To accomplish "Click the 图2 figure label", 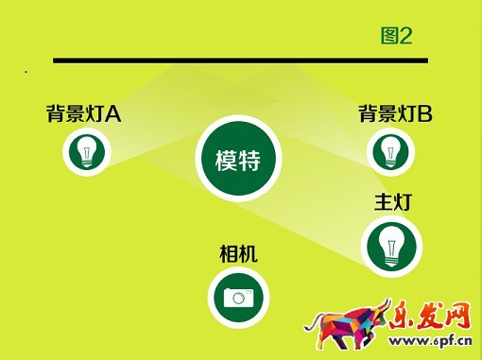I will [x=396, y=36].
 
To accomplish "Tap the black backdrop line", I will [x=240, y=60].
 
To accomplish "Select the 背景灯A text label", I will [x=83, y=114].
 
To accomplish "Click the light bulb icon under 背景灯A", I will [x=87, y=151].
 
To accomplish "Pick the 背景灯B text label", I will [x=395, y=114].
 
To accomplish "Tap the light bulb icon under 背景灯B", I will [x=388, y=151].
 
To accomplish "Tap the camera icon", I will [x=238, y=297].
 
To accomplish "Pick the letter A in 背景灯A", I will [x=113, y=115].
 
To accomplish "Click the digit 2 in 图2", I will [x=406, y=36].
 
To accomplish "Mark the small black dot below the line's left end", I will [x=26, y=72].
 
